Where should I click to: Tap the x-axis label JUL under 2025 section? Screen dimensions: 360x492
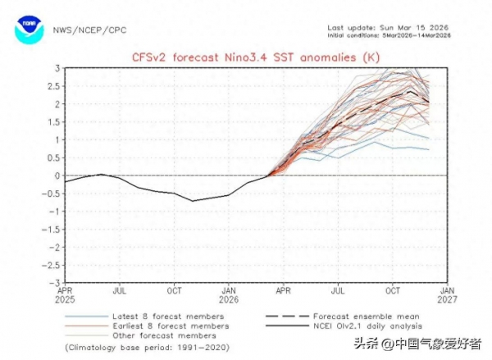coord(121,291)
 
